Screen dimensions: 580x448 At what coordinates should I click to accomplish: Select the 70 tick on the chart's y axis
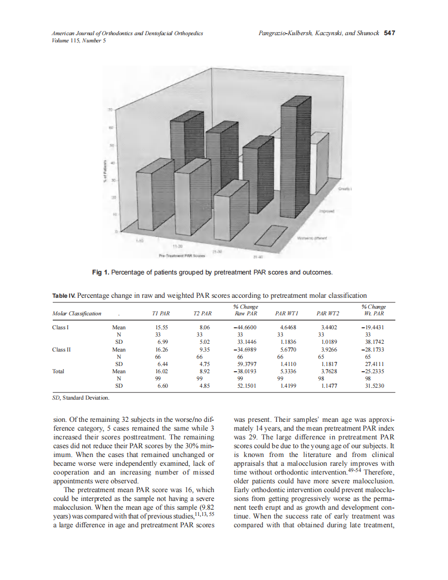(x=110, y=110)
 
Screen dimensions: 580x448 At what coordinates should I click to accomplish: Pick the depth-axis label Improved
(x=327, y=211)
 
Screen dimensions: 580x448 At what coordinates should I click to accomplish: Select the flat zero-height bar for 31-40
(x=272, y=236)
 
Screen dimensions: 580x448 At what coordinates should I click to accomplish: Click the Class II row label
(x=61, y=349)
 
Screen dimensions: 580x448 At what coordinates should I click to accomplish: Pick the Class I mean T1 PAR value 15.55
(x=161, y=327)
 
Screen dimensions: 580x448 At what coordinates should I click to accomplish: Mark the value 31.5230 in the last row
(x=374, y=385)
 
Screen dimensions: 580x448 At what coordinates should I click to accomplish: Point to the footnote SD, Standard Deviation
(x=81, y=398)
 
